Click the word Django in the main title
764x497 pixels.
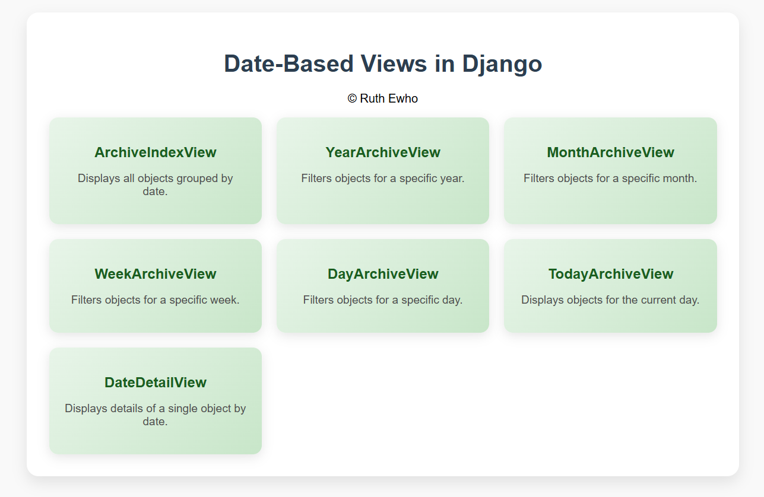click(x=502, y=64)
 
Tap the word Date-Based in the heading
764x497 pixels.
click(x=289, y=63)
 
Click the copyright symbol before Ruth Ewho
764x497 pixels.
click(x=352, y=98)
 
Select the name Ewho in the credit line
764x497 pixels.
click(x=403, y=98)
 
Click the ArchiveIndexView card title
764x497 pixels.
click(x=155, y=152)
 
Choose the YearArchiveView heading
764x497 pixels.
click(x=383, y=152)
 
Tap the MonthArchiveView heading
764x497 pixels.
click(x=610, y=152)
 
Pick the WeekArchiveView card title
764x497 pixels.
click(x=155, y=274)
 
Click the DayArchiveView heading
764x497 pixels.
click(x=383, y=274)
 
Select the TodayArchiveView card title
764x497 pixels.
click(x=610, y=274)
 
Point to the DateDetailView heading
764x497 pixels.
click(x=155, y=383)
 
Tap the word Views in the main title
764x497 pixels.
click(x=394, y=63)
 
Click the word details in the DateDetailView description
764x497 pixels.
click(x=126, y=408)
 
